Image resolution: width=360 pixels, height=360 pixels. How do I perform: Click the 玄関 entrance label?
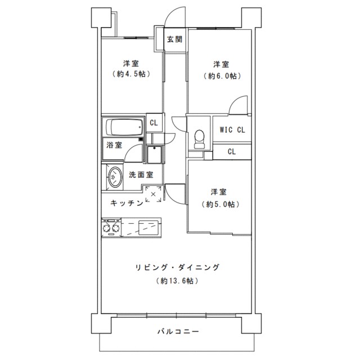(x=174, y=39)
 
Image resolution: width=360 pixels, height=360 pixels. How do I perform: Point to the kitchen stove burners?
(x=110, y=228)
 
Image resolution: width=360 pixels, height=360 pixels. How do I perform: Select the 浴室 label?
(x=114, y=145)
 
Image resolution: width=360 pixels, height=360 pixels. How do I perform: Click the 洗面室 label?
(x=141, y=174)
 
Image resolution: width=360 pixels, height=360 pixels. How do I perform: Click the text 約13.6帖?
(x=177, y=280)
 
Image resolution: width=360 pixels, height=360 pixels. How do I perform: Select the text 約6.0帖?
(x=220, y=75)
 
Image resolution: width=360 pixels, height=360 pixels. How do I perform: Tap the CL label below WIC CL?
(x=232, y=151)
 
